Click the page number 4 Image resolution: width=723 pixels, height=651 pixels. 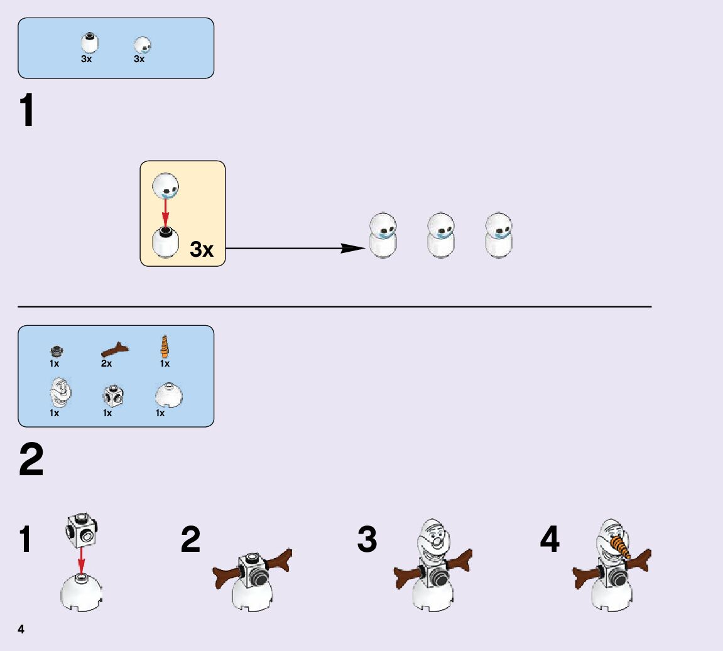(x=21, y=629)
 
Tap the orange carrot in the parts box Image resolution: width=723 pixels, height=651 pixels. (x=165, y=347)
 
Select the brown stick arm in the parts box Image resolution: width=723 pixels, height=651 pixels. (x=114, y=349)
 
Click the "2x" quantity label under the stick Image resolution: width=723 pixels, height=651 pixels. (x=106, y=363)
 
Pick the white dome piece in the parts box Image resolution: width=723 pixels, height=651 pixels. (x=168, y=395)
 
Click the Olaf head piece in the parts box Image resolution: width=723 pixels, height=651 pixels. (x=60, y=392)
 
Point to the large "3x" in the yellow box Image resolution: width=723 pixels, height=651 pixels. (x=202, y=249)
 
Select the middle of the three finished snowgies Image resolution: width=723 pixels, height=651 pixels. (x=441, y=236)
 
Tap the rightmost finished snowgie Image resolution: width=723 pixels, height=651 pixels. (x=499, y=236)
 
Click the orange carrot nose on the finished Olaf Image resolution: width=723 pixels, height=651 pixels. (x=622, y=545)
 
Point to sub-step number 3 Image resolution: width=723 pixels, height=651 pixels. (x=367, y=540)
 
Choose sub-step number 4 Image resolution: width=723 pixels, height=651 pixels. (x=550, y=540)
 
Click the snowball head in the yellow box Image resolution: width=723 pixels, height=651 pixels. (x=166, y=185)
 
